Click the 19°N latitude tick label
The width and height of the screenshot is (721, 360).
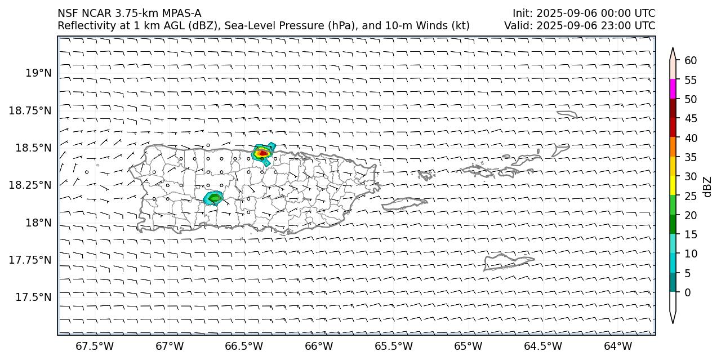click(38, 73)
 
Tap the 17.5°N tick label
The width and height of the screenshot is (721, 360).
click(33, 297)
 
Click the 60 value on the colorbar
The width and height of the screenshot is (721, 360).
click(690, 61)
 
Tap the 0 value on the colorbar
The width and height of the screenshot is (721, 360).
click(687, 292)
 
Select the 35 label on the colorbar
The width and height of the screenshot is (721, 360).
click(690, 157)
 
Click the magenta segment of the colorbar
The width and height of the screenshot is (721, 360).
click(673, 89)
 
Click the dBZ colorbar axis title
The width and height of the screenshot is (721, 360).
click(707, 186)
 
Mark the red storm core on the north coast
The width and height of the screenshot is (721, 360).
click(262, 153)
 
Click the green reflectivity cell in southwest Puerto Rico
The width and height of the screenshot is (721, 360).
click(214, 198)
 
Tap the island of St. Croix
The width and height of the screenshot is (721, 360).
click(507, 261)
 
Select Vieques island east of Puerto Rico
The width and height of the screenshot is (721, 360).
click(404, 204)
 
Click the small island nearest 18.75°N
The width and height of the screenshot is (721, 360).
click(567, 114)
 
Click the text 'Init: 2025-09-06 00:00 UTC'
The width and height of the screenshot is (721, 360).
click(584, 13)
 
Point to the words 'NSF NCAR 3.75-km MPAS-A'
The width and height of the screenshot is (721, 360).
click(129, 13)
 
